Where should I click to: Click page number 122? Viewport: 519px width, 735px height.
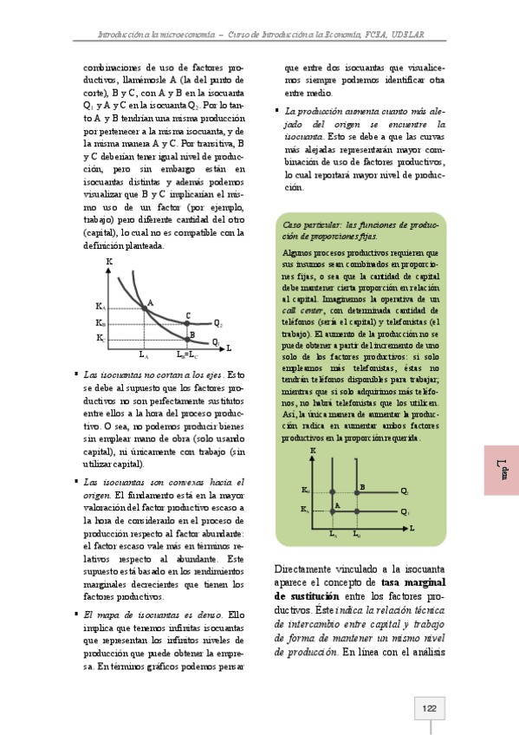click(428, 709)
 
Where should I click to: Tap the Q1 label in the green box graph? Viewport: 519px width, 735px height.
click(405, 512)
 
